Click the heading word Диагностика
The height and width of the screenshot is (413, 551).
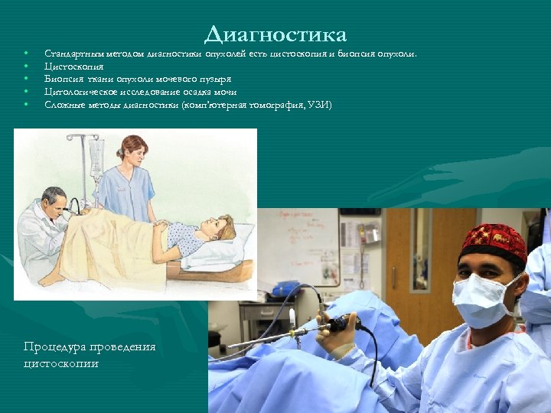tap(275, 34)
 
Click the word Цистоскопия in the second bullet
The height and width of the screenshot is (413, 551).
tap(74, 67)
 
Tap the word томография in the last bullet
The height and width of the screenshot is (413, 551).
tap(275, 104)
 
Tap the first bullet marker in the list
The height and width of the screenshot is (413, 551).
tap(26, 54)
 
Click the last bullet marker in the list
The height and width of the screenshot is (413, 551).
tap(26, 104)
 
